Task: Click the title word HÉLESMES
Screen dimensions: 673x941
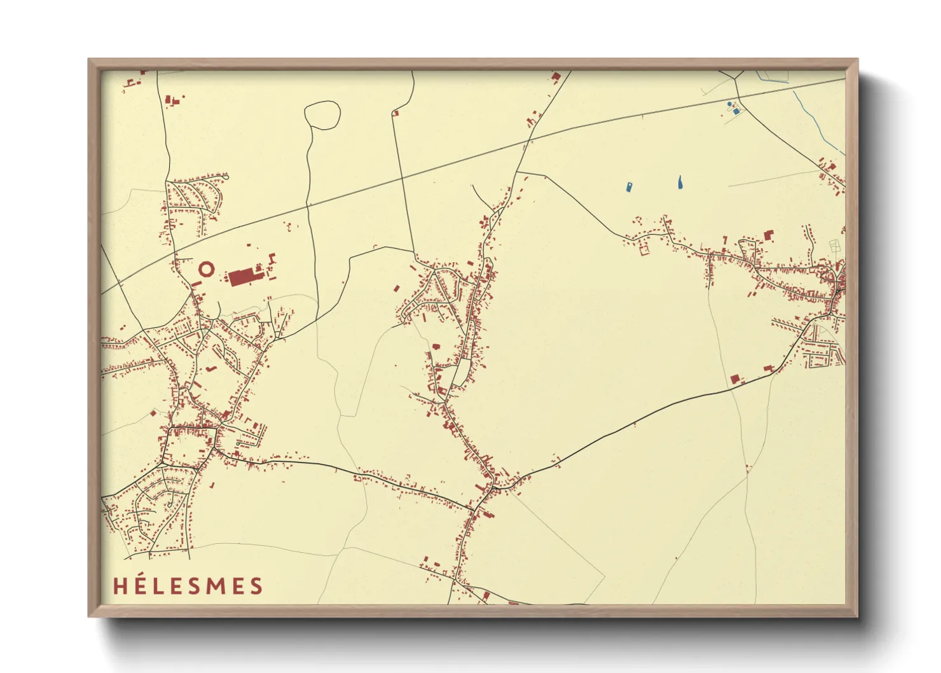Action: point(188,585)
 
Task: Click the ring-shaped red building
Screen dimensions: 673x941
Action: point(206,269)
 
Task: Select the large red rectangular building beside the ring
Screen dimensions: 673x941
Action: point(244,278)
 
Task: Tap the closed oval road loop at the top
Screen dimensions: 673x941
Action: point(322,115)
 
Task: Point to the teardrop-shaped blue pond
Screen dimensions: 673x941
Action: point(680,183)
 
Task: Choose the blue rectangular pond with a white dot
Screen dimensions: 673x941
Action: point(629,187)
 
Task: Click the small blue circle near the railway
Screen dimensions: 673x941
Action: point(729,104)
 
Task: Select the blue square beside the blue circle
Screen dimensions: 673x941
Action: point(736,111)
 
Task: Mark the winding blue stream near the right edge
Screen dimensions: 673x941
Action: point(817,121)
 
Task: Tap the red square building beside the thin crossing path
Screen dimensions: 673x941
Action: point(735,378)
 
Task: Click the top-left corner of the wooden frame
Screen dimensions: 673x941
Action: point(89,60)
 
